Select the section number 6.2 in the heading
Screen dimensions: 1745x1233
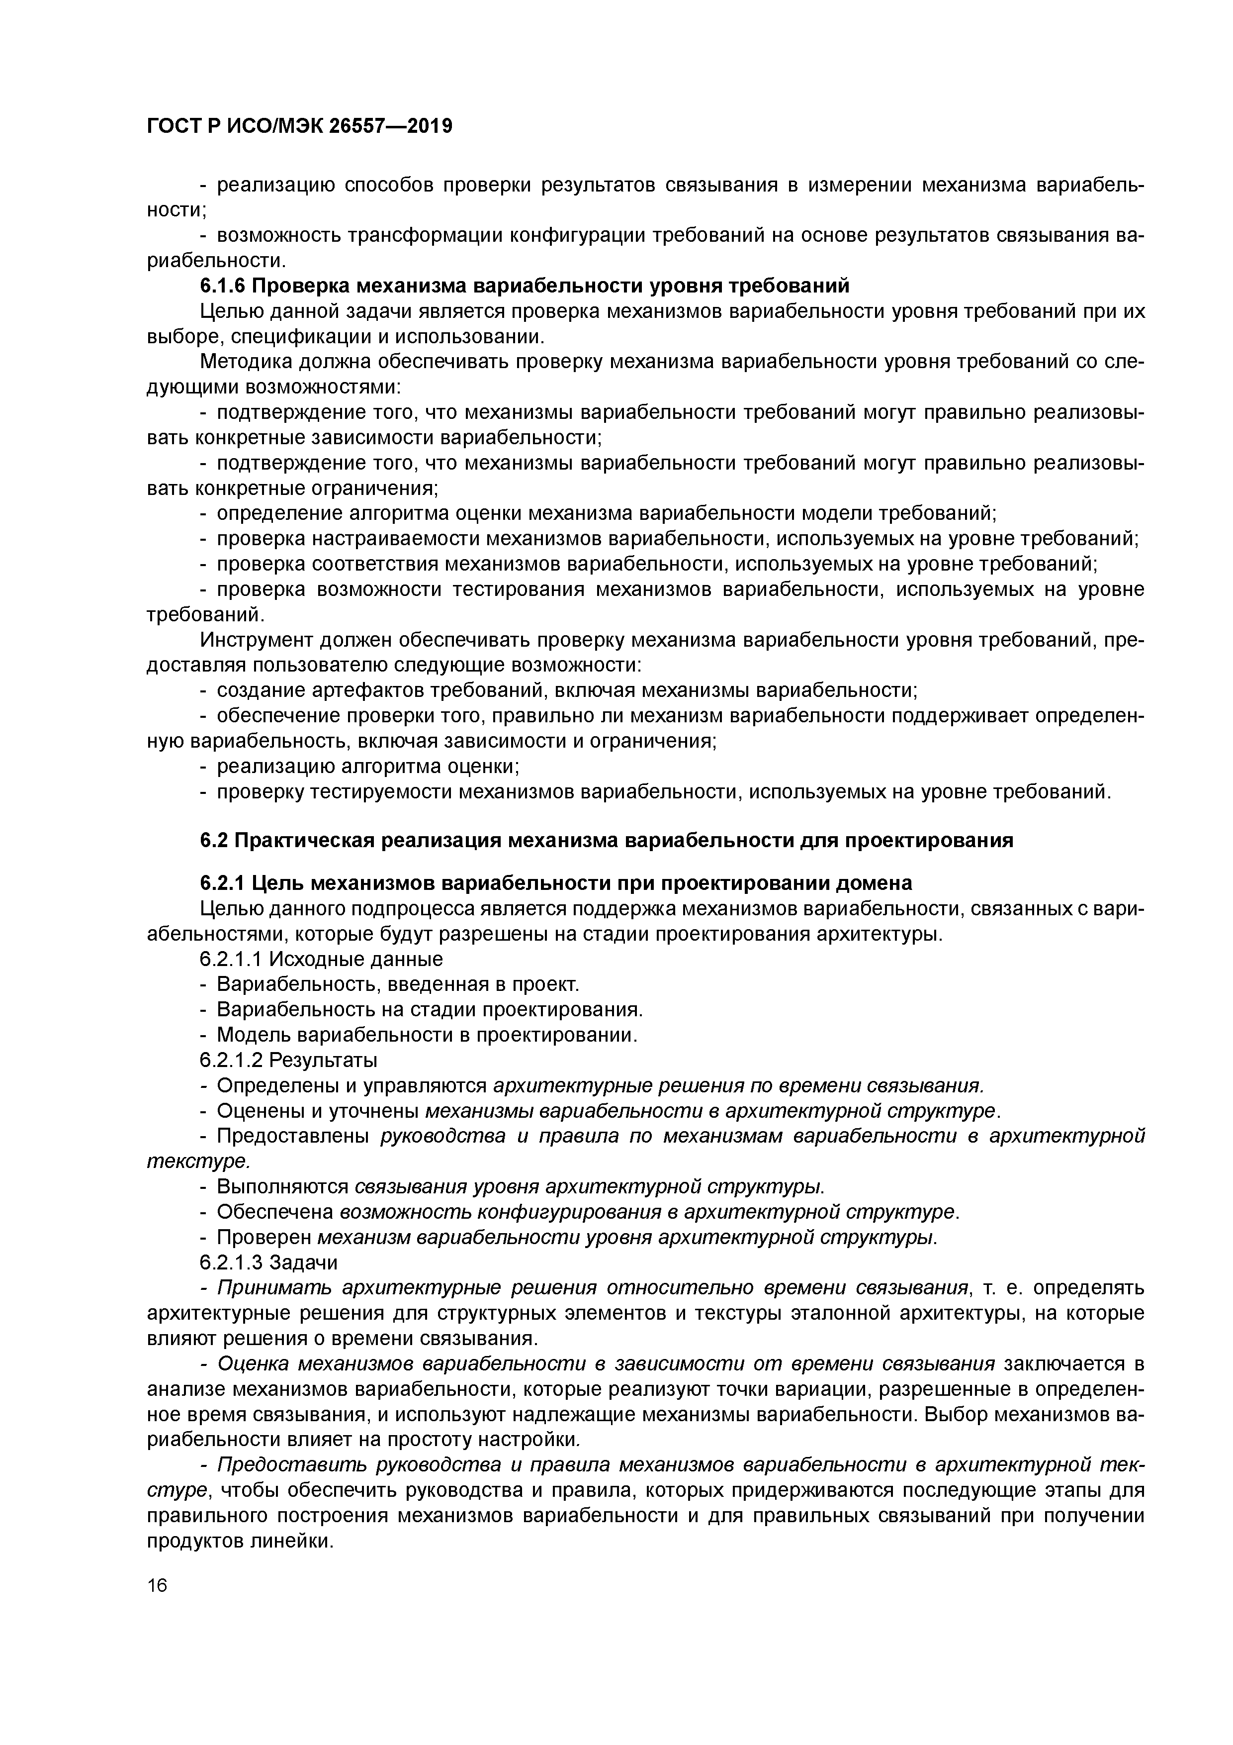click(x=214, y=841)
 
